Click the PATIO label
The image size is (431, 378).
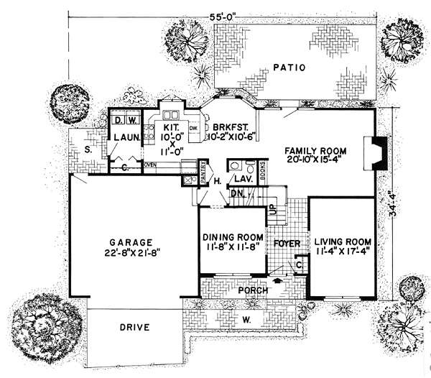tap(289, 68)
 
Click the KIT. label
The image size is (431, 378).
tap(169, 114)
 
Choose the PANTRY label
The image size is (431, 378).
tap(203, 174)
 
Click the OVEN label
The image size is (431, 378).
tap(150, 165)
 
